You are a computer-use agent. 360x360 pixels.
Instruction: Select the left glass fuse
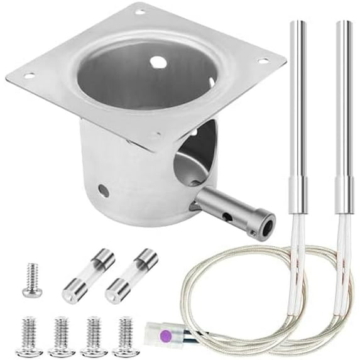(88, 276)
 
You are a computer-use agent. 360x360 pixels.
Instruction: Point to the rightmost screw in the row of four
(126, 337)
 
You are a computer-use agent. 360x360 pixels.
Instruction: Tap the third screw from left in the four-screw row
(93, 337)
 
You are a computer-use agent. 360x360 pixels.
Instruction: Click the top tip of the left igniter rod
(298, 23)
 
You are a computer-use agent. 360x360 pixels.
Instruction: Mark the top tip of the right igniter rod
(343, 23)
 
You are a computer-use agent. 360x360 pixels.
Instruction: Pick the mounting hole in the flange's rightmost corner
(263, 61)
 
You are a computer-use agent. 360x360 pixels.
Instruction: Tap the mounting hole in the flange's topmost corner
(140, 11)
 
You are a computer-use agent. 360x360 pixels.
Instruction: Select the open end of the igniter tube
(268, 222)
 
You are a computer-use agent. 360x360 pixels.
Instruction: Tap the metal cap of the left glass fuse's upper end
(104, 259)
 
